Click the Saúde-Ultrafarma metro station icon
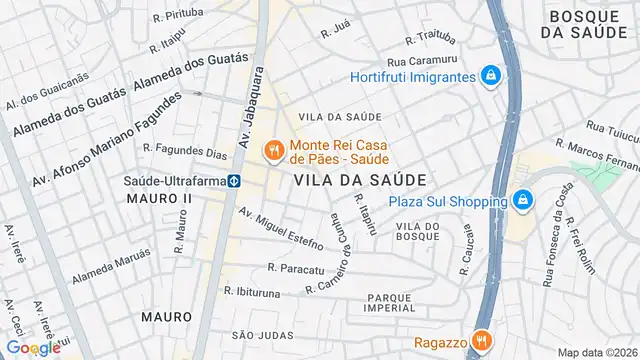(232, 181)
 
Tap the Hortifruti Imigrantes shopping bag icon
(490, 76)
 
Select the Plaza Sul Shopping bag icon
(521, 201)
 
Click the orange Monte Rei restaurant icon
(271, 151)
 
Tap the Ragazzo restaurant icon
(481, 340)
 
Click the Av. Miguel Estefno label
(280, 229)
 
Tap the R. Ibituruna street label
(257, 291)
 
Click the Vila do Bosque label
(418, 232)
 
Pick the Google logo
(32, 347)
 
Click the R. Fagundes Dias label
(185, 151)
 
